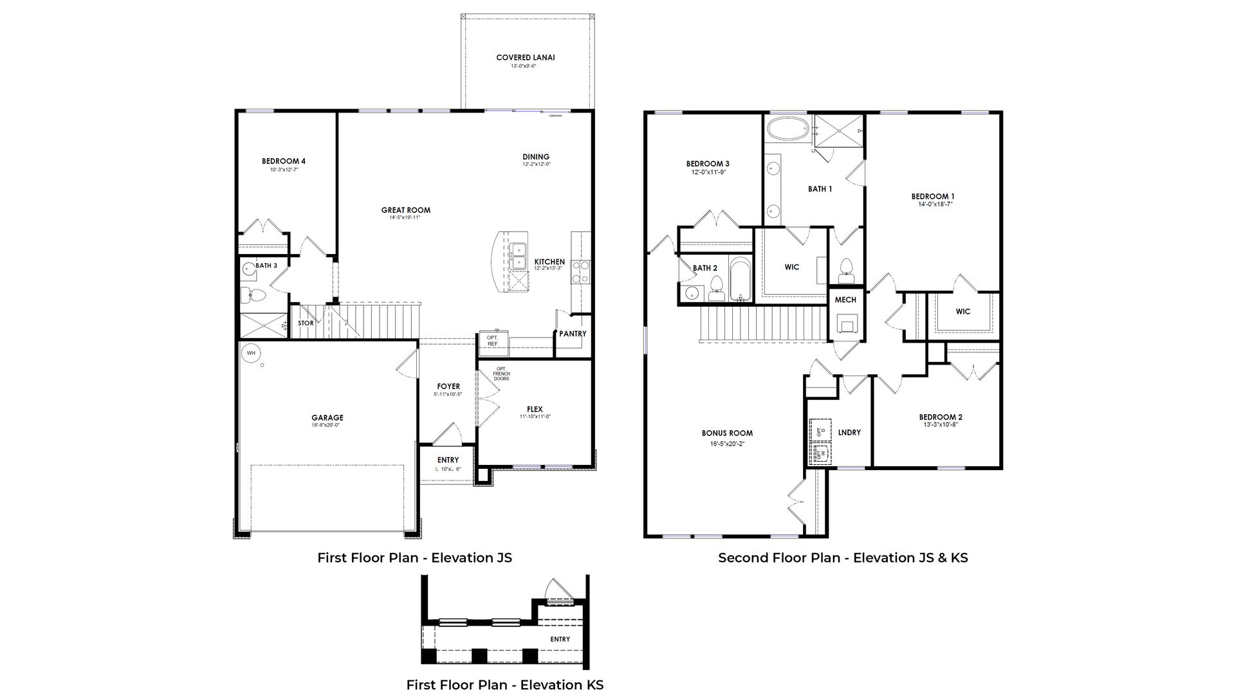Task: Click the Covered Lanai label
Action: (x=525, y=58)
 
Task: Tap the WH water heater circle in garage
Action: (x=250, y=353)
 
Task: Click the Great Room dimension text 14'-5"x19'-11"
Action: (x=405, y=218)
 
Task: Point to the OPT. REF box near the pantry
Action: (x=493, y=341)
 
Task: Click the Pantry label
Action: (x=572, y=334)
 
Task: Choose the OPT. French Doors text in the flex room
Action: (x=501, y=374)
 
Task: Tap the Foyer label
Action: (x=448, y=386)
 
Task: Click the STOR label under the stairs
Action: (x=306, y=323)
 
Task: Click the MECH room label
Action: (x=845, y=300)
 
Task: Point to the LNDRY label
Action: (x=849, y=433)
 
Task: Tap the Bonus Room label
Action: (x=727, y=433)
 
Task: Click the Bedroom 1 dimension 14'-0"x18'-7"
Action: (x=934, y=204)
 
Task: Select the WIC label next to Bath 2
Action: (x=791, y=267)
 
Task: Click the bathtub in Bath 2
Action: (x=740, y=279)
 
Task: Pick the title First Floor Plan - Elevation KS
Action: (x=504, y=685)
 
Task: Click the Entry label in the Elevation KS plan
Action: (x=560, y=639)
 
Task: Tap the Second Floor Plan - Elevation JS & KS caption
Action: (x=842, y=558)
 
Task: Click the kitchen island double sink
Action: (x=517, y=257)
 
